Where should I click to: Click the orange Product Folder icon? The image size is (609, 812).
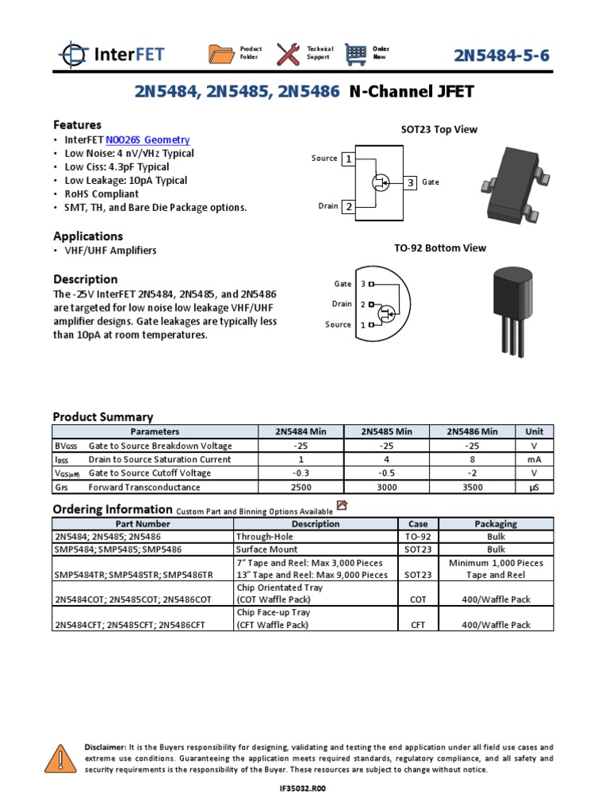[221, 54]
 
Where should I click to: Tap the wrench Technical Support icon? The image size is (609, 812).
[288, 54]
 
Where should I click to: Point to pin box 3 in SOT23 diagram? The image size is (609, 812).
[411, 182]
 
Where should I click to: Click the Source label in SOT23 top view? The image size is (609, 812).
[324, 159]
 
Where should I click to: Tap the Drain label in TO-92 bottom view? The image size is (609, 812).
[342, 304]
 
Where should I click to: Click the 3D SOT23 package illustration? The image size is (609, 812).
[513, 182]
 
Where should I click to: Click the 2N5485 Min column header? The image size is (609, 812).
[386, 431]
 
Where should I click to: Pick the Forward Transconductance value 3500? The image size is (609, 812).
[471, 488]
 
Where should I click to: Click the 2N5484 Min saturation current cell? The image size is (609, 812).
[301, 459]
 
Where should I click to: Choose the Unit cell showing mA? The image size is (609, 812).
[534, 459]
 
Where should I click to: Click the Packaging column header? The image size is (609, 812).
[496, 524]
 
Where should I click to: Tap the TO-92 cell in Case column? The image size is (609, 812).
[418, 536]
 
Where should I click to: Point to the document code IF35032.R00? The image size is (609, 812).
[304, 789]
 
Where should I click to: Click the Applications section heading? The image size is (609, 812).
[88, 236]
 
